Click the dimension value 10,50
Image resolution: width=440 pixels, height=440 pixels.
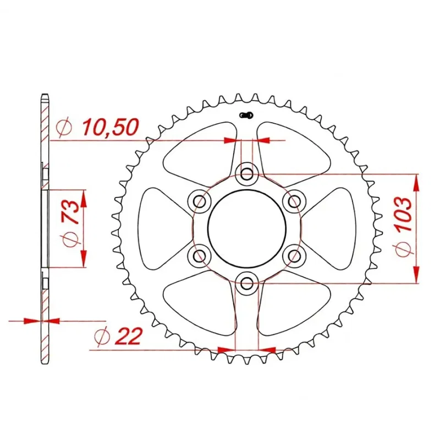click(x=111, y=127)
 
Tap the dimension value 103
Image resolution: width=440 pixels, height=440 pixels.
click(x=404, y=215)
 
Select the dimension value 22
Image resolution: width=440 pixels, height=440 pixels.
click(x=129, y=336)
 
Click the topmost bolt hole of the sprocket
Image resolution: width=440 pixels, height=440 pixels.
click(x=247, y=174)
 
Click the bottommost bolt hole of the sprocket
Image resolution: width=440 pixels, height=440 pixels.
click(x=247, y=282)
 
